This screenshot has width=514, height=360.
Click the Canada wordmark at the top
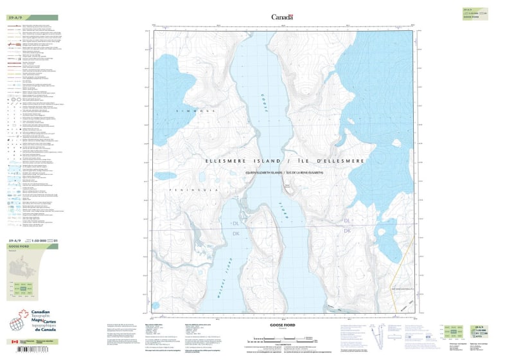282,17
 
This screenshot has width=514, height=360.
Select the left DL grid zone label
236,223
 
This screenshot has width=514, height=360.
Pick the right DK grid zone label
348,230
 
